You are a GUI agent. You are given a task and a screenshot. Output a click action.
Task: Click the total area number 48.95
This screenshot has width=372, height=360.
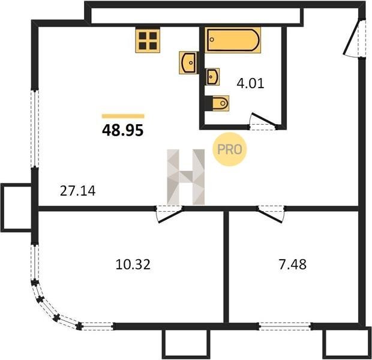click(122, 130)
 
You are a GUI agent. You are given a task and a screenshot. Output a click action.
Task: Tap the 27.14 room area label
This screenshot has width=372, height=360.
click(77, 191)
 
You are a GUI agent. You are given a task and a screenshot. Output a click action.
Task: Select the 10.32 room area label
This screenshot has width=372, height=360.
click(133, 265)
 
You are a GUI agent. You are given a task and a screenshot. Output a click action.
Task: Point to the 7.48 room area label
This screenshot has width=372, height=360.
click(293, 265)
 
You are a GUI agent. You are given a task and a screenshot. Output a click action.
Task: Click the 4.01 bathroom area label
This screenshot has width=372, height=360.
click(250, 83)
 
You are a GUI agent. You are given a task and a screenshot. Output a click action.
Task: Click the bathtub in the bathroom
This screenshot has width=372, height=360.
click(233, 40)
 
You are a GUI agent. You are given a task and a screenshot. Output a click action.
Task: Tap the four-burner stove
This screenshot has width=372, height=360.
click(148, 40)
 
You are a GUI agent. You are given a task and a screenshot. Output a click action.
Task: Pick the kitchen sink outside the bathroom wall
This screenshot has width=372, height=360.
click(188, 62)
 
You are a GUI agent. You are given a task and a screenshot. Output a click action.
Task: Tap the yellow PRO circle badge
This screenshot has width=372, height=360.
click(229, 149)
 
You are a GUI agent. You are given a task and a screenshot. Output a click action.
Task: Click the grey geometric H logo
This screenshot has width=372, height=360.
click(186, 177)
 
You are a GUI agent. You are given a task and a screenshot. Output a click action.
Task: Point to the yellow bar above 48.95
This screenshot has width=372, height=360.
click(123, 116)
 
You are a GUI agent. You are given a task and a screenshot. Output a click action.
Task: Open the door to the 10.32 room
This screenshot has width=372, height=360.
click(169, 214)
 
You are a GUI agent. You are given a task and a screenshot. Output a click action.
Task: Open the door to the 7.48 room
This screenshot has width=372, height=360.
click(271, 214)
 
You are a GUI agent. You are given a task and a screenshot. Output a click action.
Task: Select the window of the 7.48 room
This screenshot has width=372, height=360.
click(285, 326)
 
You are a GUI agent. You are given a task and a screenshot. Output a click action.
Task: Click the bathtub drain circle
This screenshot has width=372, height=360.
click(212, 40)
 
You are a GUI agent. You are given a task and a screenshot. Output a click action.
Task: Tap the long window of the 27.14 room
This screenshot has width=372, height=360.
click(35, 129)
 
